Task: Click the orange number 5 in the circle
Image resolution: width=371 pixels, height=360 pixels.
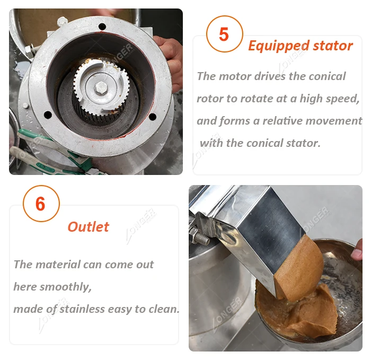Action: (x=224, y=34)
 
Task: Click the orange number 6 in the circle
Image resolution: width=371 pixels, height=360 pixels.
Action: (x=40, y=204)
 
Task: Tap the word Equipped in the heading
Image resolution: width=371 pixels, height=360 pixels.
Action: (x=279, y=46)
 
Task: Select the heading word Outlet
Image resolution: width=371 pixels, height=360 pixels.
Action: (x=89, y=227)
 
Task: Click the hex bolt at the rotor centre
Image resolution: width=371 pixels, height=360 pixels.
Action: (x=101, y=88)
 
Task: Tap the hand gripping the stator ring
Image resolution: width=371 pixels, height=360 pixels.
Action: (x=170, y=62)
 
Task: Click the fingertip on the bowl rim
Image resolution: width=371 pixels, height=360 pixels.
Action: (x=357, y=251)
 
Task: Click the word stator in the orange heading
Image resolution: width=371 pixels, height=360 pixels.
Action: (x=333, y=46)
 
